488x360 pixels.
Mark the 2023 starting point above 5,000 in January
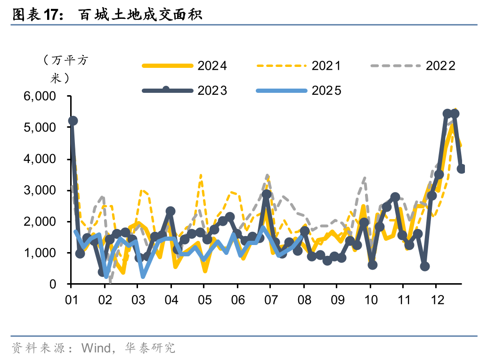tap(73, 121)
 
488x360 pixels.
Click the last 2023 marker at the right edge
tap(461, 169)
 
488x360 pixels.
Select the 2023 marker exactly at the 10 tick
tap(373, 265)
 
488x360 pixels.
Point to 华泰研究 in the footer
tap(150, 348)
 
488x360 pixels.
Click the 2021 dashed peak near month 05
tap(201, 175)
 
